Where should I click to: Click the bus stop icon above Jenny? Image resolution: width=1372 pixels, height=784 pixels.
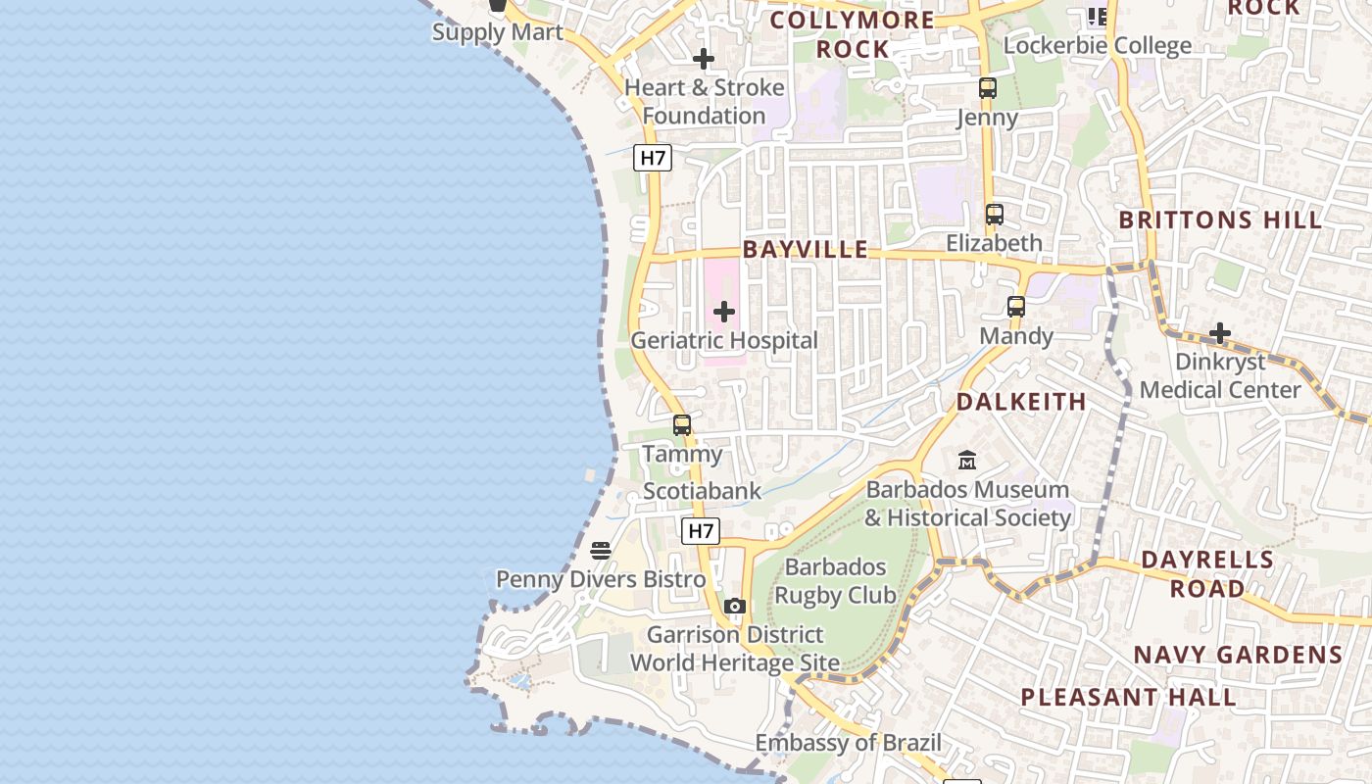click(x=987, y=88)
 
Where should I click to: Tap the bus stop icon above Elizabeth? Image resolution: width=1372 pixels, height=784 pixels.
click(x=995, y=214)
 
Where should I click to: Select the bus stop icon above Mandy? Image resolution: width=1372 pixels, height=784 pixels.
click(x=1016, y=307)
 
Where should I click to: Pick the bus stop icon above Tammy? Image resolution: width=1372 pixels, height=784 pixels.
click(x=682, y=425)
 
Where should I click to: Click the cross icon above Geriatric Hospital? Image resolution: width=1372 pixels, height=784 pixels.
click(x=724, y=312)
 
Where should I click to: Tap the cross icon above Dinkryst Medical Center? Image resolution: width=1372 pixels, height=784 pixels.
click(x=1220, y=333)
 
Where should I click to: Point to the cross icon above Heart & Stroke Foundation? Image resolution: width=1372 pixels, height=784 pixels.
click(x=704, y=59)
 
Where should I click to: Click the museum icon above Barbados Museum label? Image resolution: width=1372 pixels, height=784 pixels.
click(x=967, y=460)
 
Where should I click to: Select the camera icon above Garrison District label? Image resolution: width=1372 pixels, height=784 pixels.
click(x=735, y=606)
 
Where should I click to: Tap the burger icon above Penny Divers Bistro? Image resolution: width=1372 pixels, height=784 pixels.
click(x=601, y=550)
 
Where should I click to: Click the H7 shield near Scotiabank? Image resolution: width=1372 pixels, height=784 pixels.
click(x=701, y=531)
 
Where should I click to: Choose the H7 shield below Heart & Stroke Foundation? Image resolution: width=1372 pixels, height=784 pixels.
click(x=653, y=157)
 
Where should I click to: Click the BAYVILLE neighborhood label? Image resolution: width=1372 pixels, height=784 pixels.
click(x=806, y=249)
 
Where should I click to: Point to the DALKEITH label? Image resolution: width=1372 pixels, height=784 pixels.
click(x=1021, y=402)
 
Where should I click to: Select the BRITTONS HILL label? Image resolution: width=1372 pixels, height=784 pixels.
click(x=1221, y=220)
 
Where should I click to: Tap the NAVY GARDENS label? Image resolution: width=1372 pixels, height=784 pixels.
click(x=1238, y=655)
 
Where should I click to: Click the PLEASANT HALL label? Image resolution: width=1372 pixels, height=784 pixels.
click(x=1128, y=698)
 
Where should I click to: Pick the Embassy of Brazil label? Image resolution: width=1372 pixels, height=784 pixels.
click(x=848, y=743)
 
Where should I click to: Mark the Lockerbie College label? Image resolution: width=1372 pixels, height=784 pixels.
click(x=1098, y=45)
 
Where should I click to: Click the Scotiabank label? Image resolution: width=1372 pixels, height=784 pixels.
click(x=702, y=491)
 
